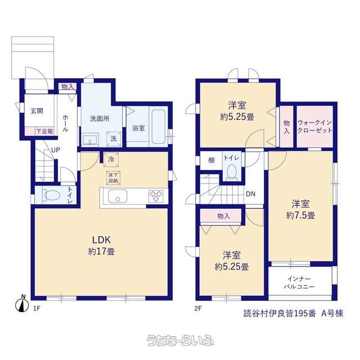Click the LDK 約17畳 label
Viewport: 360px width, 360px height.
point(101,246)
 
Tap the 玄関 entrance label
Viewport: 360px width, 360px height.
point(37,111)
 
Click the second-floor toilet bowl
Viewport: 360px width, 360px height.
point(231,171)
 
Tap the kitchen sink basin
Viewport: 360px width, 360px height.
point(118,196)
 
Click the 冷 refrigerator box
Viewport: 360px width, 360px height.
point(111,159)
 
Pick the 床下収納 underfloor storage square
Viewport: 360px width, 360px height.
point(113,178)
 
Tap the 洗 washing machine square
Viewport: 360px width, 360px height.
point(114,138)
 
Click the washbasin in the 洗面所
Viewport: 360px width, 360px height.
point(90,139)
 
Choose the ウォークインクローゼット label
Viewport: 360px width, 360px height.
point(314,126)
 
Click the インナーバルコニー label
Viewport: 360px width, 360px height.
point(299,282)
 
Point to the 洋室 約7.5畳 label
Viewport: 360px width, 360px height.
point(300,209)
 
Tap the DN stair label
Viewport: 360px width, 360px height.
point(250,194)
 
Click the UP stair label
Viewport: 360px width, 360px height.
point(56,150)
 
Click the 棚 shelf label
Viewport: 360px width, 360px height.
point(211,160)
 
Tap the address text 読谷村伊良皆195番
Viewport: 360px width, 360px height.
point(280,313)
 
